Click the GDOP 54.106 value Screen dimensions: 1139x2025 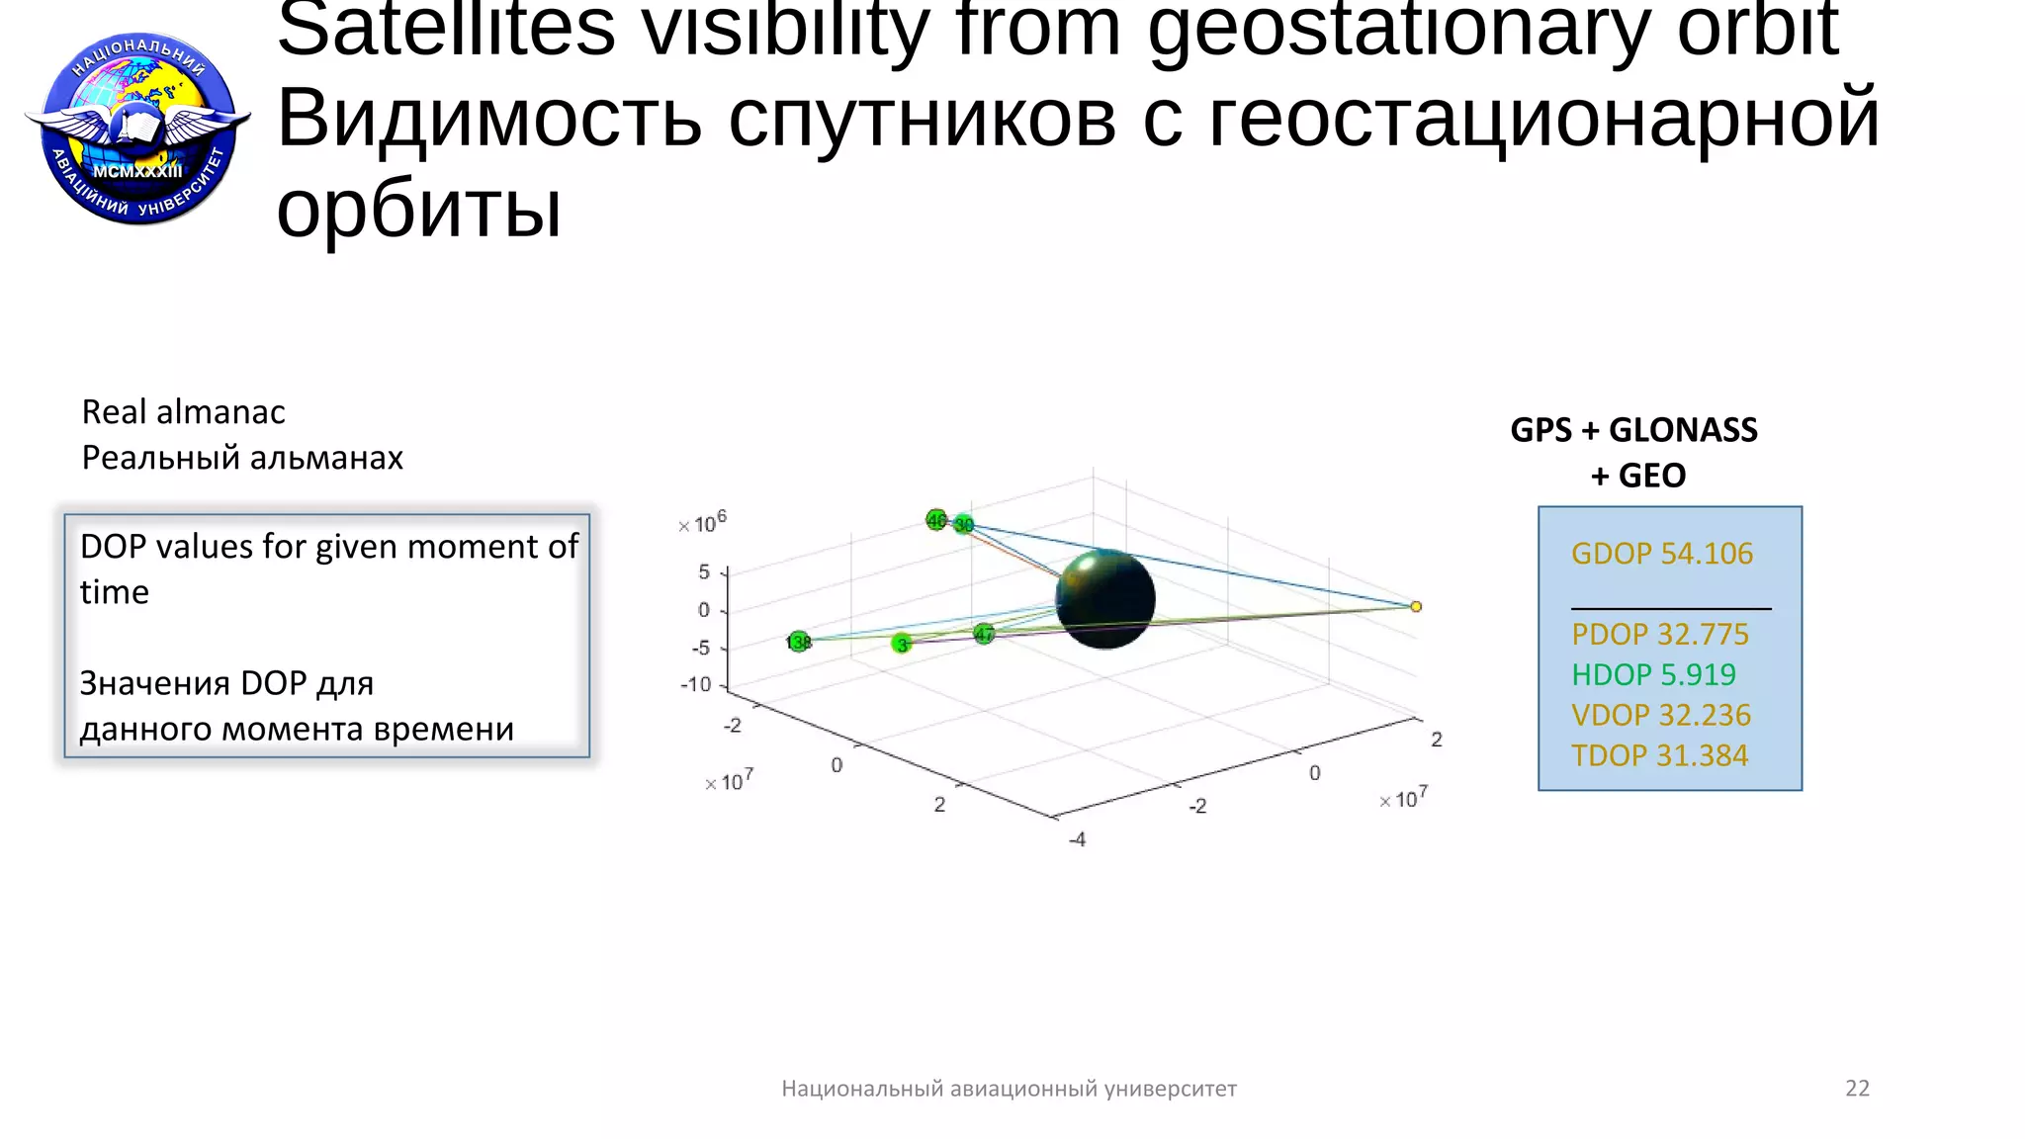1661,554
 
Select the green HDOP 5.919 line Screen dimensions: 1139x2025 1653,674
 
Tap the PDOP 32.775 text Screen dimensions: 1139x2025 1659,634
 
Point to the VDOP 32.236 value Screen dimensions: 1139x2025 1660,715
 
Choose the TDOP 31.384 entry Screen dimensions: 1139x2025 1659,755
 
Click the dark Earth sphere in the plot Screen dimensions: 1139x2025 1104,599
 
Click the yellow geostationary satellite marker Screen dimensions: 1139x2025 1416,606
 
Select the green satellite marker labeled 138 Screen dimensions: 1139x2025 798,642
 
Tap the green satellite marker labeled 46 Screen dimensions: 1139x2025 935,519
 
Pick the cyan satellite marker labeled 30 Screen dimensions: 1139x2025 964,524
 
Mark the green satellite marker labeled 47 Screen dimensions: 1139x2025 984,634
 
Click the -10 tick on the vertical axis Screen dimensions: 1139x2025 695,684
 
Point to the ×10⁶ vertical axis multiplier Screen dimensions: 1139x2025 703,523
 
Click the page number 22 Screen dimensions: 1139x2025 1857,1089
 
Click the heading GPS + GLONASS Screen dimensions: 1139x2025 1633,430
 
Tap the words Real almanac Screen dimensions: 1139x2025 183,411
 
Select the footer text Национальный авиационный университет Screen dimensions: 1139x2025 1009,1089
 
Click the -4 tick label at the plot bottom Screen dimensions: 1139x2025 1078,839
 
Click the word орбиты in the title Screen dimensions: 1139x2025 418,210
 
